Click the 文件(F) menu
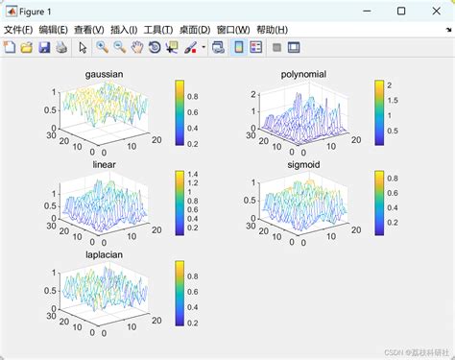tap(19, 30)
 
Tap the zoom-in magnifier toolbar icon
tap(103, 46)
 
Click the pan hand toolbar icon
tap(137, 46)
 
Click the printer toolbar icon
tap(61, 46)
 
